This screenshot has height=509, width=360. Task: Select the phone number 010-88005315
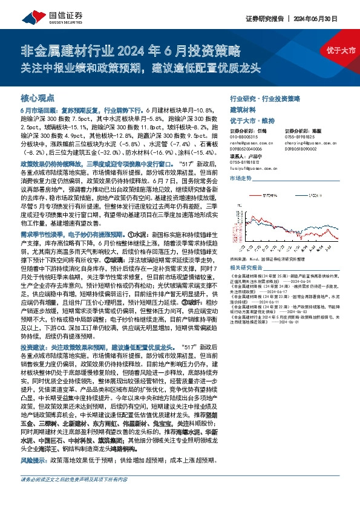245,137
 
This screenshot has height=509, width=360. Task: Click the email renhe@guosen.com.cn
250,142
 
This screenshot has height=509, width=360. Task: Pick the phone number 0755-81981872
245,162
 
